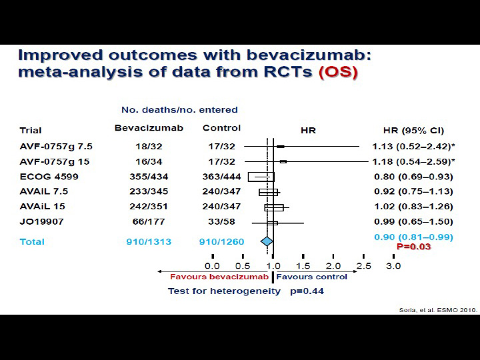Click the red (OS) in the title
click(338, 72)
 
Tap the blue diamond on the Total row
click(267, 241)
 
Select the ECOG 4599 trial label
click(49, 177)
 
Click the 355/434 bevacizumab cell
click(149, 177)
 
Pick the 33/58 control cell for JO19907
click(221, 221)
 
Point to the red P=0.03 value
click(413, 247)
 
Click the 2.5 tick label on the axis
click(363, 266)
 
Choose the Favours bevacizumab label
click(219, 277)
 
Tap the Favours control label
click(311, 277)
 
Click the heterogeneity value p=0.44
click(307, 291)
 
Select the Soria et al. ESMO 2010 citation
click(438, 310)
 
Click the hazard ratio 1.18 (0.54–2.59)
click(413, 161)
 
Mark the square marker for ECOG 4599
click(261, 177)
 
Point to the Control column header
click(221, 128)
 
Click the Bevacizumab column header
click(149, 128)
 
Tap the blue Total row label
click(32, 241)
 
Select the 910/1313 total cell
click(149, 241)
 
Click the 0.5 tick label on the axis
click(243, 266)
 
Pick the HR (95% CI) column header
click(413, 131)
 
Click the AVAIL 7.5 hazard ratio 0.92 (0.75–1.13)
click(413, 191)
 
